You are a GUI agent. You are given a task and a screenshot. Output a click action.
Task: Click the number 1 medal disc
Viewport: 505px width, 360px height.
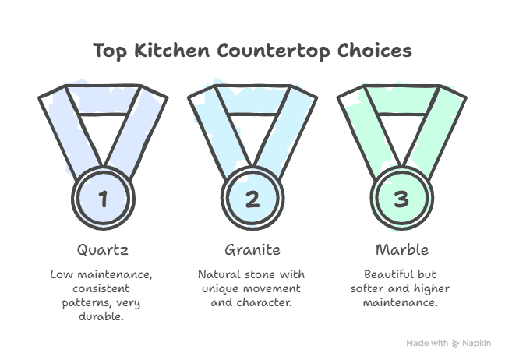104,198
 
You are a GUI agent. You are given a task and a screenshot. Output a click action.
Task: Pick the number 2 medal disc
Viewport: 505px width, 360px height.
252,198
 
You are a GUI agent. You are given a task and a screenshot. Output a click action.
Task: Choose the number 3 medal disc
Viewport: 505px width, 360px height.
401,198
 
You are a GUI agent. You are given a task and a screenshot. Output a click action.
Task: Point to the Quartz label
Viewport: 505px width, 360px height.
104,251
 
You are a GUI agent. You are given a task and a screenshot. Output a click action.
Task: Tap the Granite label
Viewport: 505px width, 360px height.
252,251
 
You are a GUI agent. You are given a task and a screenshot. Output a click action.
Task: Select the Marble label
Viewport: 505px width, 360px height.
401,251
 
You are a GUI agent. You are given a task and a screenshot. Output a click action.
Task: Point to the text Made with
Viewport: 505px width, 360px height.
427,343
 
